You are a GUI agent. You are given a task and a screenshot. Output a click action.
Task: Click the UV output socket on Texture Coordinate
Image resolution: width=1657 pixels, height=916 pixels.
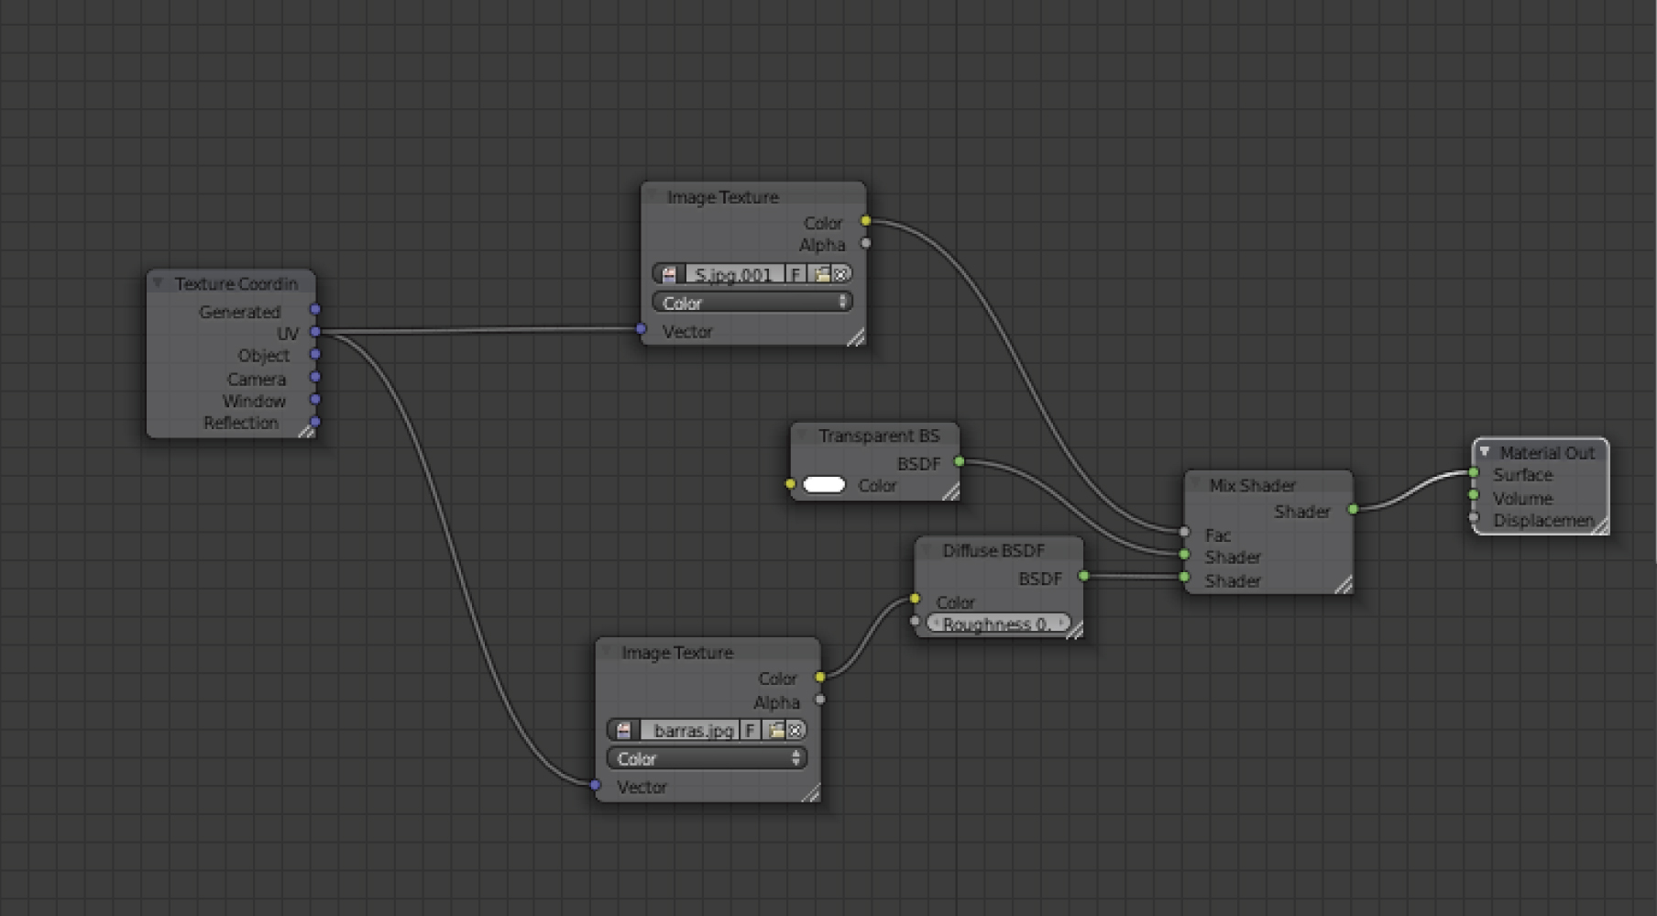pos(315,332)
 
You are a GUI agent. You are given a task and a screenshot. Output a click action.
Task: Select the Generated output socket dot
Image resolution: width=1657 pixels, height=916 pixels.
pos(315,310)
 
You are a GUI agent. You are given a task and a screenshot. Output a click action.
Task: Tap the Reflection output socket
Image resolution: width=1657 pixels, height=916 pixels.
pos(315,422)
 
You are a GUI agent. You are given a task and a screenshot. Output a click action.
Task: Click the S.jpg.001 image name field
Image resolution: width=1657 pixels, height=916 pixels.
pos(733,274)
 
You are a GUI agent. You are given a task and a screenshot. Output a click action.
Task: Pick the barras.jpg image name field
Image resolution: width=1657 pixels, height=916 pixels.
pos(692,731)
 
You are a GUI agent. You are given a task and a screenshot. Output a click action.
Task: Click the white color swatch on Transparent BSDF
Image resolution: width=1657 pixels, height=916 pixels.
pos(824,485)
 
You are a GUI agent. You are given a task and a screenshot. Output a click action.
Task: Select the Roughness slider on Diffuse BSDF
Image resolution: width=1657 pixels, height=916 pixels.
pos(997,624)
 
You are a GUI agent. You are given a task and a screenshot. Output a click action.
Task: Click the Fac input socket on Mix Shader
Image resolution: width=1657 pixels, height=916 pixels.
pos(1184,532)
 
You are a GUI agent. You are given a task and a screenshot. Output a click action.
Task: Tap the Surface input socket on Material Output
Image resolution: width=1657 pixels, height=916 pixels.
pos(1474,473)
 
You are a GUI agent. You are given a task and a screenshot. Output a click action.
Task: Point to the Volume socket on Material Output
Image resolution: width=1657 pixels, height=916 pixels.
pos(1474,496)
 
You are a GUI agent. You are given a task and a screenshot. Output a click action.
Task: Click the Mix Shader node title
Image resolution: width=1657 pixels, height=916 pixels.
pos(1252,485)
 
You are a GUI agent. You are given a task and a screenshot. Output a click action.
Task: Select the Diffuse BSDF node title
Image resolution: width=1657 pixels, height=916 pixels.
pos(993,551)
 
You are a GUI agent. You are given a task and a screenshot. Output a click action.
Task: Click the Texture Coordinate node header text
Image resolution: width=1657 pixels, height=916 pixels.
pos(236,284)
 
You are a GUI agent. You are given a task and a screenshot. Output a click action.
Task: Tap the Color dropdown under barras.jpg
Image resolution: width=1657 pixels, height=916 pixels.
pos(707,758)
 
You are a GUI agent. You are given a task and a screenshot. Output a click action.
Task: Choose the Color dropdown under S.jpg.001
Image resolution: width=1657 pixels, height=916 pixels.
pos(752,303)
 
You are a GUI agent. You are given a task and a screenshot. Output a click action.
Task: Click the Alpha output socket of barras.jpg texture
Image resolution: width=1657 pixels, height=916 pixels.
pos(820,700)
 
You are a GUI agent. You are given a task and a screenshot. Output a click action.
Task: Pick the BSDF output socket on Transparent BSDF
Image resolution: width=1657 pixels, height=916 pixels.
pos(960,461)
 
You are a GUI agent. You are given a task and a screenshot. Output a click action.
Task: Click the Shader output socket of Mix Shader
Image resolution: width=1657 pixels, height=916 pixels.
pos(1353,509)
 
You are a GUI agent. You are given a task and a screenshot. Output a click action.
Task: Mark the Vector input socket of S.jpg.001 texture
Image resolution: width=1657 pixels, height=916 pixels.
pos(641,329)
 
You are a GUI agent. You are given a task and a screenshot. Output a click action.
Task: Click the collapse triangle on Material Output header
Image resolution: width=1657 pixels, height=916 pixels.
pos(1485,452)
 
